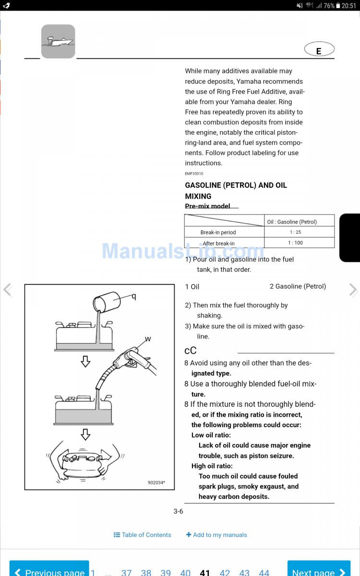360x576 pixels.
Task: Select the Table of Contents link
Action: [x=143, y=535]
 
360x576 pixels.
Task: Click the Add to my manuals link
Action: [x=216, y=535]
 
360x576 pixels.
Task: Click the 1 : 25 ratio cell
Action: [x=295, y=232]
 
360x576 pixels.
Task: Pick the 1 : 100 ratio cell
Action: [x=295, y=243]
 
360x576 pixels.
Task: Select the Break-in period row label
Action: [x=218, y=232]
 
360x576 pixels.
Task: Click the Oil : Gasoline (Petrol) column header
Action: [x=292, y=222]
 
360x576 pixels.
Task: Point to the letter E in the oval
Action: [x=319, y=51]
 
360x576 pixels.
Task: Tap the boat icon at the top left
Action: [x=58, y=42]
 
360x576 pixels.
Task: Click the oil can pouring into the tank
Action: [x=107, y=303]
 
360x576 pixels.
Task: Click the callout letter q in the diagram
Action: [x=134, y=297]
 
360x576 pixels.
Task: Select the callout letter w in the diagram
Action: [x=148, y=339]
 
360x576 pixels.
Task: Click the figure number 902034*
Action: [x=156, y=483]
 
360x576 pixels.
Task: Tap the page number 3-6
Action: [x=178, y=512]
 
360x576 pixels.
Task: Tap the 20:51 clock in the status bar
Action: [x=348, y=6]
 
